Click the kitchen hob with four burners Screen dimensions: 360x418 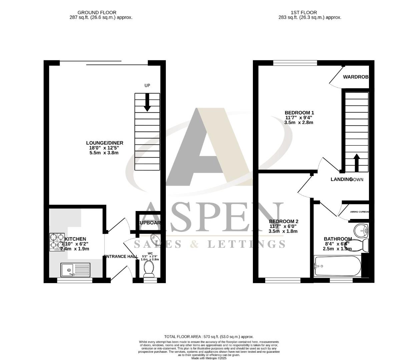[x=57, y=242]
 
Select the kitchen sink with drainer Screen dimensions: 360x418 [x=75, y=270]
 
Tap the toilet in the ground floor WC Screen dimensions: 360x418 [x=148, y=269]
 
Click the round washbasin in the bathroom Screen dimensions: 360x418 [x=361, y=230]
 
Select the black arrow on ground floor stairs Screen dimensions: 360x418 [x=147, y=102]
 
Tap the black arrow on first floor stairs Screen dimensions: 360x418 [x=356, y=162]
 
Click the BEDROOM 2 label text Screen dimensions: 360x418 [x=284, y=221]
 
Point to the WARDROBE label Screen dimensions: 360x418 [x=356, y=77]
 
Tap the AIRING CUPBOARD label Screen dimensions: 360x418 [x=360, y=212]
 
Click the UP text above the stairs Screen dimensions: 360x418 [x=147, y=85]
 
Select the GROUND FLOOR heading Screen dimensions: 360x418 [x=97, y=13]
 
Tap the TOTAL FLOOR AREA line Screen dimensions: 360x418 [x=209, y=337]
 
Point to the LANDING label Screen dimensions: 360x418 [x=341, y=179]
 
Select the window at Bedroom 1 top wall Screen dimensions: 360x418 [x=295, y=63]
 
